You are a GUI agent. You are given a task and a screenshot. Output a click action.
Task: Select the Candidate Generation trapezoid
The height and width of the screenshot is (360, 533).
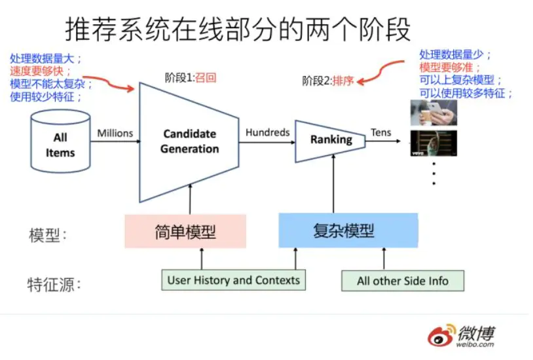pos(190,141)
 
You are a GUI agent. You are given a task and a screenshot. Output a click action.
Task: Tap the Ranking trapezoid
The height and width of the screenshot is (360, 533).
pos(331,139)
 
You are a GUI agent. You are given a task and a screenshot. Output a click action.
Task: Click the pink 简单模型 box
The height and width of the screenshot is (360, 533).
pos(185,231)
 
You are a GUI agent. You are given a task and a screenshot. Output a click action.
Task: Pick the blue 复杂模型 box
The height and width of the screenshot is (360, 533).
pos(348,230)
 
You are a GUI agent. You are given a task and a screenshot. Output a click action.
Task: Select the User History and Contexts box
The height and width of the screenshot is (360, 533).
pos(233,280)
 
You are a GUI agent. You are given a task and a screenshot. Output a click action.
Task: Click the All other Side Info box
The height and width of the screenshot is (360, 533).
pos(403,281)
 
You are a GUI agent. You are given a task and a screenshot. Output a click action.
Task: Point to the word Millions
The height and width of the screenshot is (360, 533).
pos(115,134)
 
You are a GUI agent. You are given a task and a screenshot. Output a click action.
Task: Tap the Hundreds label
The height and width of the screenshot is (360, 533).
pos(267,132)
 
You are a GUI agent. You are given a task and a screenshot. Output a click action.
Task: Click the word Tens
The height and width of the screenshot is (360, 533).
pos(381,132)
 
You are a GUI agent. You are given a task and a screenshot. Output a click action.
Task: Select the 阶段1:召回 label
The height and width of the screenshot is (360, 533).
pos(190,78)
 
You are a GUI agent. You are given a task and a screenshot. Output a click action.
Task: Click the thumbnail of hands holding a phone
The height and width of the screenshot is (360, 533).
pos(433,113)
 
